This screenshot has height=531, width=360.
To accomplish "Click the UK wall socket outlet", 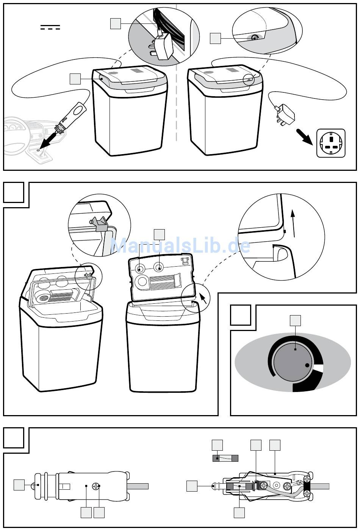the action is pos(331,143).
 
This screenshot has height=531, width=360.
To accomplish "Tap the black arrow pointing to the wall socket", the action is pos(305,137).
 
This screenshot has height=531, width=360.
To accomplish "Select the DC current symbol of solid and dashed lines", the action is pos(50,27).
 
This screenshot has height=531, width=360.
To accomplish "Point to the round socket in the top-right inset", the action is pos(255,37).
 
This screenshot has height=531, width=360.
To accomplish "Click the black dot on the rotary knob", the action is pos(307,365).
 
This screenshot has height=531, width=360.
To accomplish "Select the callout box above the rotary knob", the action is pos(295,320).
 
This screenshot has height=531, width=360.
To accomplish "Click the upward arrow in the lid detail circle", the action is pos(293,223).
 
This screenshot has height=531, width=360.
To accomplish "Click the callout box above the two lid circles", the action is pos(159,235).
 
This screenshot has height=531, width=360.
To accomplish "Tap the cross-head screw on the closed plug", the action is pos(96,486).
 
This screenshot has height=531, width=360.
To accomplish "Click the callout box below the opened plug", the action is pos(239,512).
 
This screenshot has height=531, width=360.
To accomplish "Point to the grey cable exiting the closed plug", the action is pos(138,486).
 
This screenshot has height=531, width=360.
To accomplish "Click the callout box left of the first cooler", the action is pos(75,79).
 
